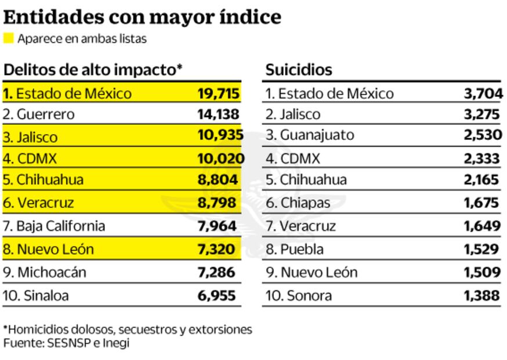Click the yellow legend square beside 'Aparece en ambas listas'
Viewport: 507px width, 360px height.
pos(8,39)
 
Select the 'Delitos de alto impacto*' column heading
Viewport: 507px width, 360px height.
pos(93,70)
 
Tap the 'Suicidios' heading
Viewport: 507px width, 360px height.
pos(299,70)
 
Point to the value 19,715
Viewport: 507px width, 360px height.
pos(218,93)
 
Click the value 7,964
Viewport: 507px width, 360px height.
pos(216,225)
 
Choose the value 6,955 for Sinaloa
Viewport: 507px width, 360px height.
pos(216,296)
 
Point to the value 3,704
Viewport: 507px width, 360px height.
pos(483,93)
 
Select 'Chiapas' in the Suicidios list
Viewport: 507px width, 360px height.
pos(306,203)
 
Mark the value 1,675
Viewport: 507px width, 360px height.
pos(481,203)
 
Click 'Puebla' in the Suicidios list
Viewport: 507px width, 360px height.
pos(303,249)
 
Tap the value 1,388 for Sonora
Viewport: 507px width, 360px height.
pos(481,296)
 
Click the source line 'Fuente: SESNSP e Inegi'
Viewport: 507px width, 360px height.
pos(66,343)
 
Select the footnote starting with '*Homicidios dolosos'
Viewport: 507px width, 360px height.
pos(128,330)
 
